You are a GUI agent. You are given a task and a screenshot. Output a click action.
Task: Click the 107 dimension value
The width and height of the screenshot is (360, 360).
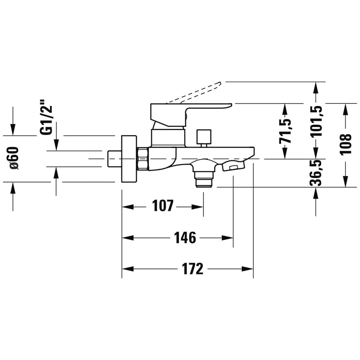point(163,206)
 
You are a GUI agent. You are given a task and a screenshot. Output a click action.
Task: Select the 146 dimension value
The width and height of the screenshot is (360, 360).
point(185,238)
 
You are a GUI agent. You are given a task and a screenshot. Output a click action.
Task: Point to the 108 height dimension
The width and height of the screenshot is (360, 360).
point(346,144)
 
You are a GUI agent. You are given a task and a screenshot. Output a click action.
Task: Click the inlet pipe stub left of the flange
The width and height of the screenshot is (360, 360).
point(114,159)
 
